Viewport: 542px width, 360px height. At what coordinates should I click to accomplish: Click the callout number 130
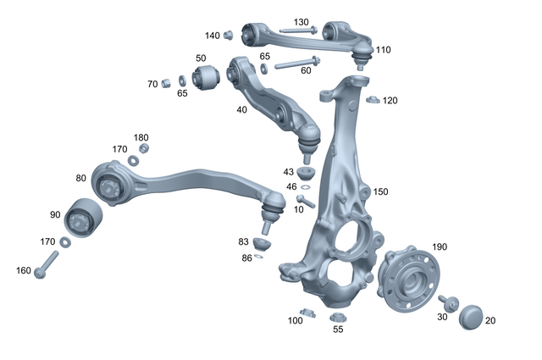point(301,21)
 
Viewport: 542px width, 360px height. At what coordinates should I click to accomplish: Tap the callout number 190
point(440,246)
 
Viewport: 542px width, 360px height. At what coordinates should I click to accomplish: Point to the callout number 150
point(380,192)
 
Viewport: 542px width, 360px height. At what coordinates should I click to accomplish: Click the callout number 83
point(243,241)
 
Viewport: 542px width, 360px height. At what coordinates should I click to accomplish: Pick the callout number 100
point(295,321)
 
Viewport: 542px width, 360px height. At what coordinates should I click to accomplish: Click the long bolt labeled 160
point(48,263)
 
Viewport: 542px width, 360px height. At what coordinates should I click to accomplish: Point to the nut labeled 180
point(143,148)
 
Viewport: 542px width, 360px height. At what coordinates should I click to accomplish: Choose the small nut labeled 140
point(228,35)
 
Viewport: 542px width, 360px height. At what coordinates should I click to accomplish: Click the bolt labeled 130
point(296,31)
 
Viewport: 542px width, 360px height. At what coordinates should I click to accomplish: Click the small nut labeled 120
point(370,101)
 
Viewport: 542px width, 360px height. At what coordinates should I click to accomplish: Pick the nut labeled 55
point(336,317)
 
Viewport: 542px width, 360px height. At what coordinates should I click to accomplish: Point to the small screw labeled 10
point(306,202)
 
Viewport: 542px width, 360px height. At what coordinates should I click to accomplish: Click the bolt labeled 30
point(450,302)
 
